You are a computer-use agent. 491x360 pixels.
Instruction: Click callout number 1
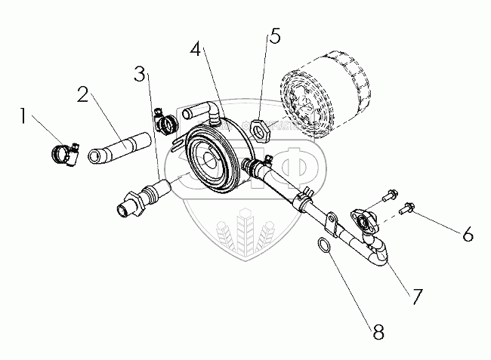pyautogui.click(x=26, y=117)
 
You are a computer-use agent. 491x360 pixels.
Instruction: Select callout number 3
pyautogui.click(x=139, y=74)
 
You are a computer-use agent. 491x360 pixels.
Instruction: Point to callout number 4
pyautogui.click(x=196, y=51)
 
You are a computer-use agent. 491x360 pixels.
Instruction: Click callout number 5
pyautogui.click(x=274, y=36)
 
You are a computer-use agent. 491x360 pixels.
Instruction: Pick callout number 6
pyautogui.click(x=468, y=235)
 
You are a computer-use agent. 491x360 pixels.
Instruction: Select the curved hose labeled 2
pyautogui.click(x=117, y=145)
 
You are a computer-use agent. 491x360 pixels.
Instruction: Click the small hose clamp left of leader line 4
pyautogui.click(x=165, y=119)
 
